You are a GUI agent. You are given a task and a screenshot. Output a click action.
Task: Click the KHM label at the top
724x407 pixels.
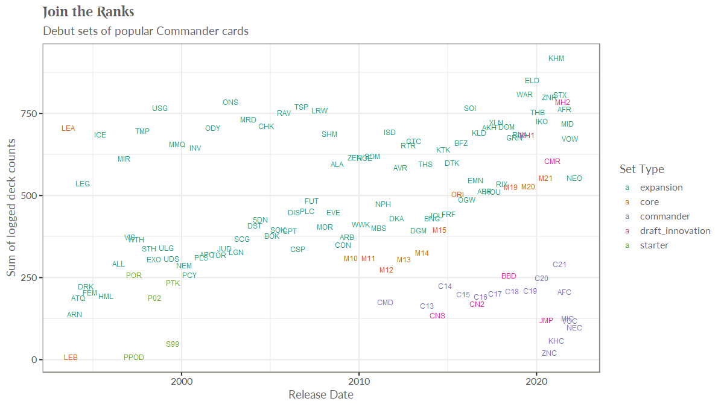pos(556,58)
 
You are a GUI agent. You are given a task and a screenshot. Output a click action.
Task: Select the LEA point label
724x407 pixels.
pos(68,128)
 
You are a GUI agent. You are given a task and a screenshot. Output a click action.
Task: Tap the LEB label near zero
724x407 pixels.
pos(71,358)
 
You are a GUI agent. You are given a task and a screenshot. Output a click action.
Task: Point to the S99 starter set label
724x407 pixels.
pos(173,344)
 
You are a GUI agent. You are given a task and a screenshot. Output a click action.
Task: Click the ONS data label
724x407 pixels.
pos(230,103)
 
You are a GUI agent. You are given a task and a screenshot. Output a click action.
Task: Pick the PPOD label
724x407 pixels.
pos(134,358)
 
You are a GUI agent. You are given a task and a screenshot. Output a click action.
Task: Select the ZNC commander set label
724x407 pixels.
pos(549,353)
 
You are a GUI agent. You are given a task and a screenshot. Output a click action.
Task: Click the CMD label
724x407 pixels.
pos(385,303)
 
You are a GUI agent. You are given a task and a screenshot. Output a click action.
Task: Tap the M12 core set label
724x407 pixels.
pos(386,270)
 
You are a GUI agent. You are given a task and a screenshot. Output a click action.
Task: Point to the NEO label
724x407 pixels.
pos(574,178)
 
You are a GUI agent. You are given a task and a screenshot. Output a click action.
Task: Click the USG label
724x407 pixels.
pos(160,109)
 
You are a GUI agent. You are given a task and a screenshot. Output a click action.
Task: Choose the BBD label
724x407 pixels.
pos(509,276)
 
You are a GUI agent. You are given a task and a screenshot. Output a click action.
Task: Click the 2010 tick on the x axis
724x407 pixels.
pos(359,380)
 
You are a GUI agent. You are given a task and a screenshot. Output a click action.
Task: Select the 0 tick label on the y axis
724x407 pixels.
pos(35,359)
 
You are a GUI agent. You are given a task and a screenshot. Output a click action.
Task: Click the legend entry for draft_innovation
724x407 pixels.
pos(675,231)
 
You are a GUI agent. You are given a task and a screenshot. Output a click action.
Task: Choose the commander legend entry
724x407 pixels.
pos(665,216)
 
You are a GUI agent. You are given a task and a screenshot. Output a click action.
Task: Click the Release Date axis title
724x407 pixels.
pos(321,395)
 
